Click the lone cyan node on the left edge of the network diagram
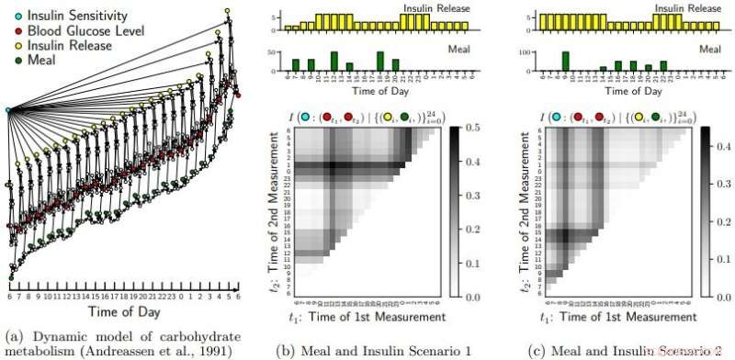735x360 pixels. [9, 110]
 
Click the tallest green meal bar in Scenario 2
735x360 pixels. [566, 61]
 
